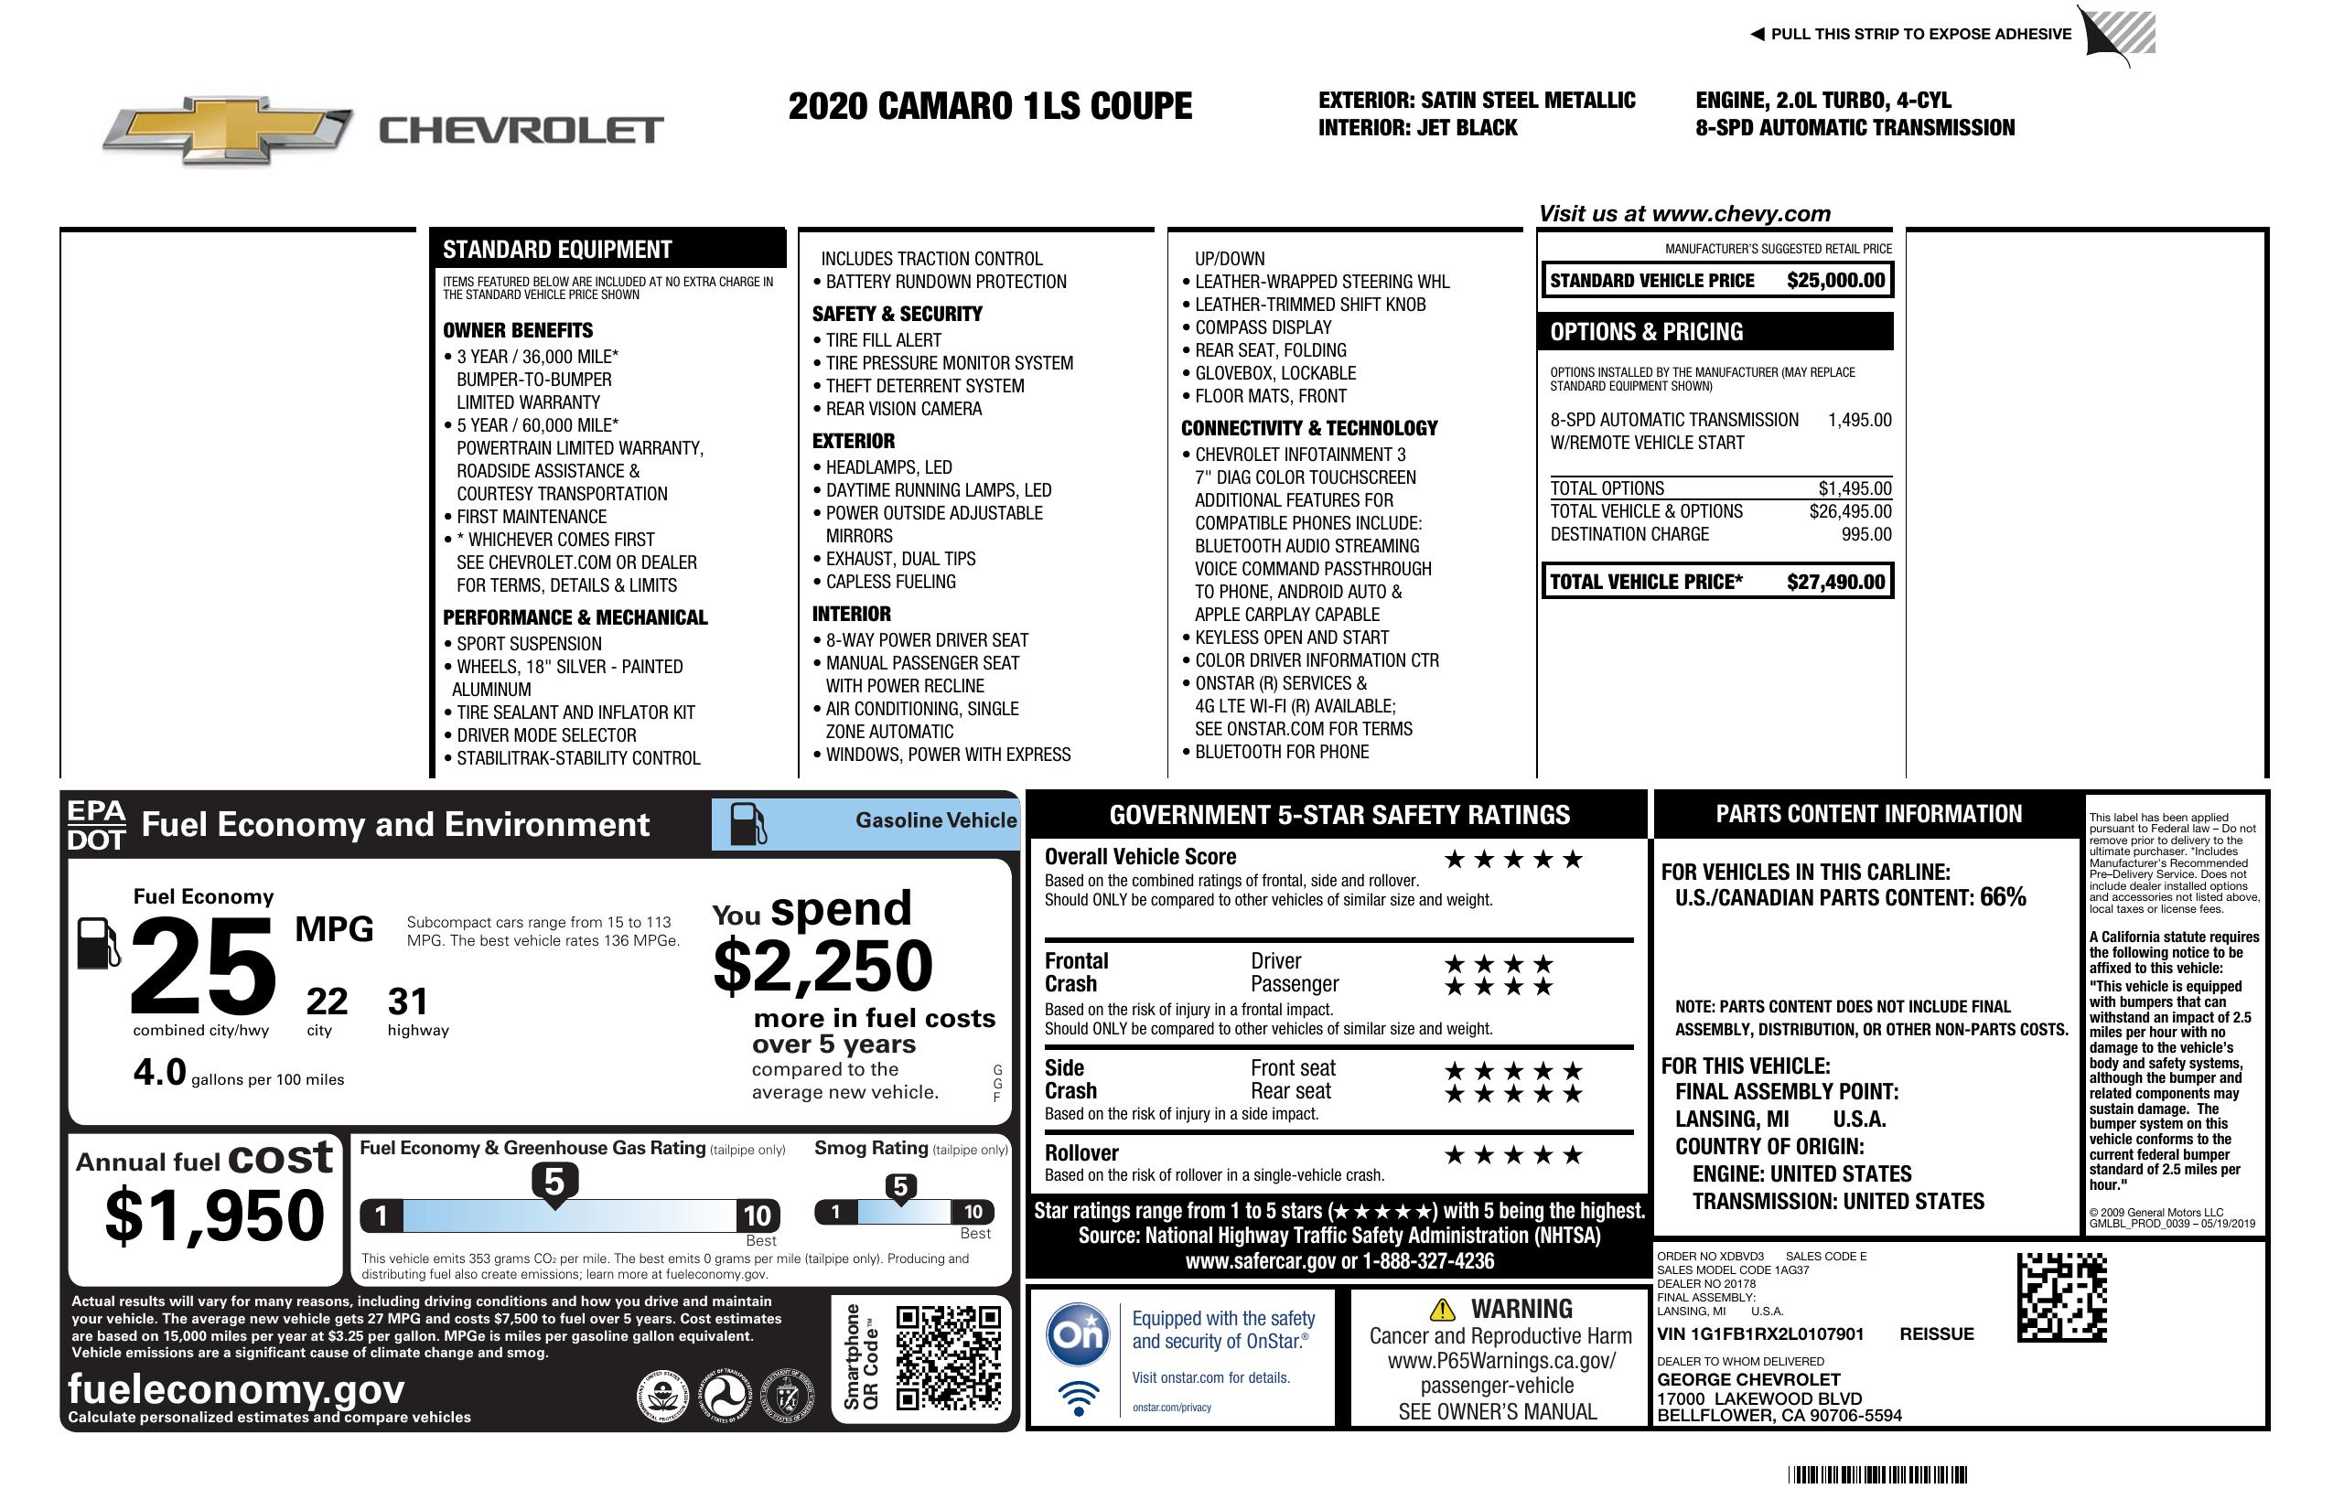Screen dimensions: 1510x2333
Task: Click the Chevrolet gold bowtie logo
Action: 228,129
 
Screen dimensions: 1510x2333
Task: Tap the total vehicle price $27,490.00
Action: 1835,582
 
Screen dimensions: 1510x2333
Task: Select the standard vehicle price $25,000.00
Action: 1835,281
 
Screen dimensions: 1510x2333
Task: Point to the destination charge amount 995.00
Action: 1866,535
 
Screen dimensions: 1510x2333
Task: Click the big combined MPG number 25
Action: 203,966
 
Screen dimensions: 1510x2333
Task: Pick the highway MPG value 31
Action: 408,1001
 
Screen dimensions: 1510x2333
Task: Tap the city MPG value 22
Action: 327,1001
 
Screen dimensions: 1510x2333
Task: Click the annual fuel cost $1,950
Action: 215,1215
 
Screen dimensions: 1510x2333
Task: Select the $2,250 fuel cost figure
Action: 823,966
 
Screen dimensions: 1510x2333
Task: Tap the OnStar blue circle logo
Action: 1078,1334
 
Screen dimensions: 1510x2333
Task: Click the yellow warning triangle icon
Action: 1442,1310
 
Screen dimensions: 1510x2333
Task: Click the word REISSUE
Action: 1936,1334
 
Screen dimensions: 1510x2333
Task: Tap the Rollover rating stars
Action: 1513,1155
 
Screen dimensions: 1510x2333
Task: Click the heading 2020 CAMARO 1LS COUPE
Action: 990,106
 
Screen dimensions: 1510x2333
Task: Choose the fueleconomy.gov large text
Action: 236,1389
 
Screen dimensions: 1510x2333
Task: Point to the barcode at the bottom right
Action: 1877,1474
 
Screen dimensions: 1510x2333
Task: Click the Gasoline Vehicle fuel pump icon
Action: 747,824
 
